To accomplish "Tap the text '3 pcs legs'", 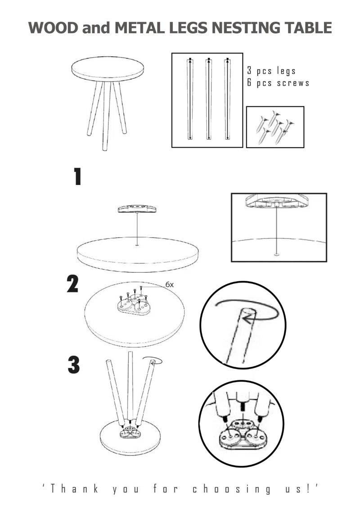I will [271, 71].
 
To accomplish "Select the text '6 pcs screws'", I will [278, 83].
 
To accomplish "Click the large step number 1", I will [77, 177].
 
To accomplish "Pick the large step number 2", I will [72, 284].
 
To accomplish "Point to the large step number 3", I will [73, 365].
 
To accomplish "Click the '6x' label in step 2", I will [170, 284].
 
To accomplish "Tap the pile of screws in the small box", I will [275, 127].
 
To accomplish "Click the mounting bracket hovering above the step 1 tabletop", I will [137, 209].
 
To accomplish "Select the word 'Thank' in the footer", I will [74, 489].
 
